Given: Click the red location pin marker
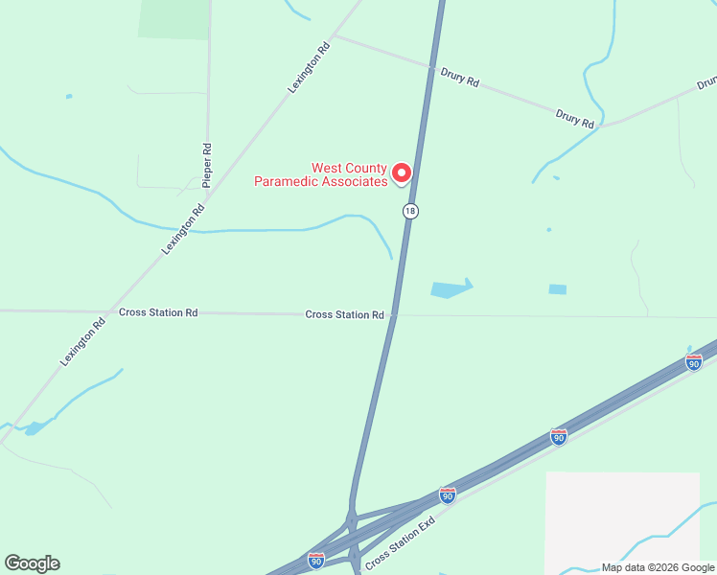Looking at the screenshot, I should (403, 172).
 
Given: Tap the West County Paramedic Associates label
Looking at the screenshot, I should (320, 173).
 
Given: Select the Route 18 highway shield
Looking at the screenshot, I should (410, 211).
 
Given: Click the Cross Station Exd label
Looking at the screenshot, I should (401, 541).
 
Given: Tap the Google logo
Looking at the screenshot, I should (32, 563).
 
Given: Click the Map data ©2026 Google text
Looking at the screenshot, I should (657, 567).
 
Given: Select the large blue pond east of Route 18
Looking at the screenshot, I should (451, 288).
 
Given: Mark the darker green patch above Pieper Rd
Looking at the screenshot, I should (174, 18).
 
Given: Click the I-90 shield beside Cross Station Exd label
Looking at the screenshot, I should (447, 494).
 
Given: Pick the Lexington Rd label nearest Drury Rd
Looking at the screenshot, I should (310, 66).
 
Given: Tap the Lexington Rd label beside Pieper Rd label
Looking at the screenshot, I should (184, 229).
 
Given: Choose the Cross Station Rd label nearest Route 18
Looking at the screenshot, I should (344, 314).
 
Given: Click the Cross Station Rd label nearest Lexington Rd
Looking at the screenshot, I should (158, 312).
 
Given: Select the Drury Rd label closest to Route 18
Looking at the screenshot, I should (459, 77).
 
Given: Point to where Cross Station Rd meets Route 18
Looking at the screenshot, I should (393, 315).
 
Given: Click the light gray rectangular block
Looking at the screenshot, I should (622, 522).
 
